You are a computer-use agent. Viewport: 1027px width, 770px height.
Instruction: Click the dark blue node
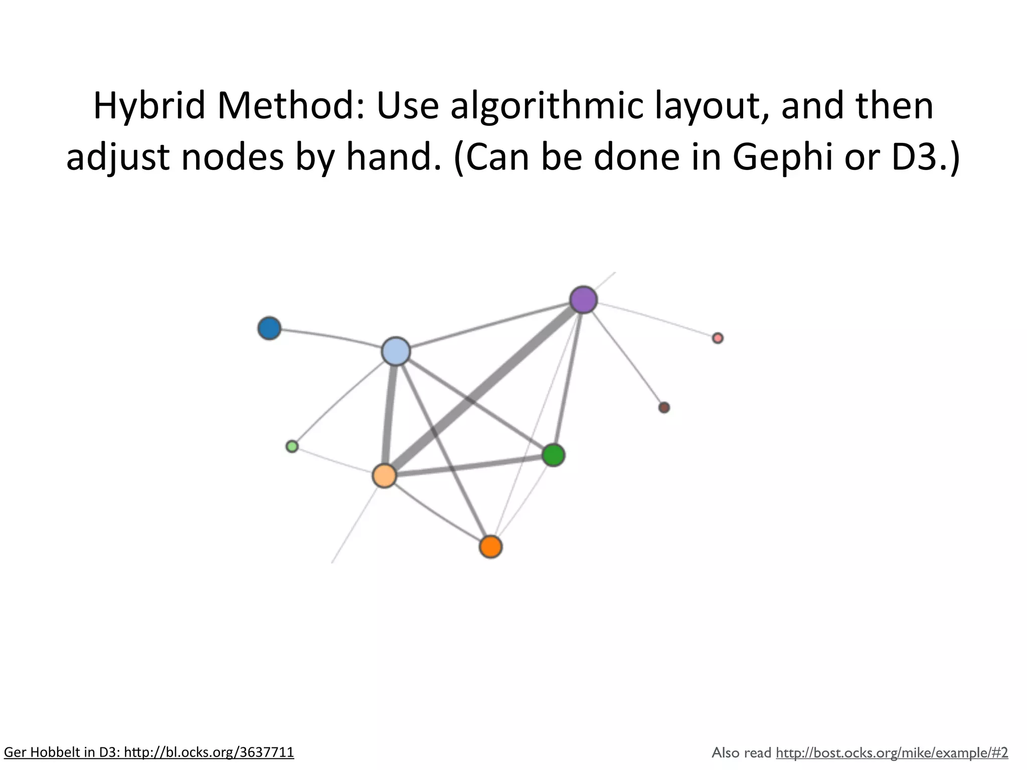pyautogui.click(x=269, y=328)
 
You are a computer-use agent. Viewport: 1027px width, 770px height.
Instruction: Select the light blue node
pyautogui.click(x=396, y=351)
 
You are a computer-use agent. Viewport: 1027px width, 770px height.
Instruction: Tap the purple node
pyautogui.click(x=584, y=300)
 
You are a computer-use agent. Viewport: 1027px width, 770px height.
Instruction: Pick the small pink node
pyautogui.click(x=718, y=338)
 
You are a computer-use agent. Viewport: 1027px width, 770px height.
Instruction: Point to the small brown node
pyautogui.click(x=664, y=408)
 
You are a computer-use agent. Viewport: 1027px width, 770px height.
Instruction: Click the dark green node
pyautogui.click(x=554, y=455)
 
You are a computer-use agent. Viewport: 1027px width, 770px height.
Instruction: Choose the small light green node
pyautogui.click(x=292, y=446)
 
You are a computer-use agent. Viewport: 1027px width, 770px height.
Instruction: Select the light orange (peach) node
pyautogui.click(x=385, y=476)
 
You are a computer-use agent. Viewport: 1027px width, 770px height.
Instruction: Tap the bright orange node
pyautogui.click(x=490, y=546)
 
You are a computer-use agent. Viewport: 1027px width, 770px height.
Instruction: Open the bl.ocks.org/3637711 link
pyautogui.click(x=209, y=752)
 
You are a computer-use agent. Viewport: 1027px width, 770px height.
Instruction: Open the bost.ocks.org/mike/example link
pyautogui.click(x=892, y=752)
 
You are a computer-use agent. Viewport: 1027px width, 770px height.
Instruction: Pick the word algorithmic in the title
pyautogui.click(x=546, y=106)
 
